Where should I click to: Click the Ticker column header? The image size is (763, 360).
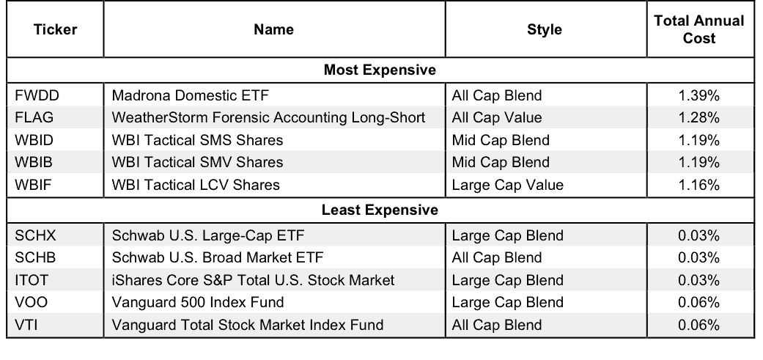pos(55,29)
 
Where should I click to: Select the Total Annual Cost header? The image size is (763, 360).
pos(699,29)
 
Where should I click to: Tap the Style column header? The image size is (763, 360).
pos(545,29)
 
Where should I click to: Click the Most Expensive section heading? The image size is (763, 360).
pos(380,70)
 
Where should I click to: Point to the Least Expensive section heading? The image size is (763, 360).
pos(380,210)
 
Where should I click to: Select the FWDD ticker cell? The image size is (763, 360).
pos(37,95)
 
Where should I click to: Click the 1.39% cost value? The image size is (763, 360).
pos(699,95)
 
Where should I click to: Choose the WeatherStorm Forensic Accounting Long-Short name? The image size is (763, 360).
pos(268,118)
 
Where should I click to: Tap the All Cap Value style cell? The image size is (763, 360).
pos(496,118)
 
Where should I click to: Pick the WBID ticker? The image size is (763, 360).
pos(34,140)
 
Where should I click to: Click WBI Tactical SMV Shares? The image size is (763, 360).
pos(197,162)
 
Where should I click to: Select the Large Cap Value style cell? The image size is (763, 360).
pos(507,185)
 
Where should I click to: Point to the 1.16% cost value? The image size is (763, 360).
pos(699,185)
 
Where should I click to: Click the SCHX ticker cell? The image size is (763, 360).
pos(35,235)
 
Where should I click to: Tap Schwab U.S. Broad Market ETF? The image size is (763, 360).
pos(218,257)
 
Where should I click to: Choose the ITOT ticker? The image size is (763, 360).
pos(32,280)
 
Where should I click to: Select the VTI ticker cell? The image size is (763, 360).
pos(26,325)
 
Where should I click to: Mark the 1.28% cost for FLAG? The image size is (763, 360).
pos(699,118)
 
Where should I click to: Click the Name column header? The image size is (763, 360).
pos(273,29)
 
